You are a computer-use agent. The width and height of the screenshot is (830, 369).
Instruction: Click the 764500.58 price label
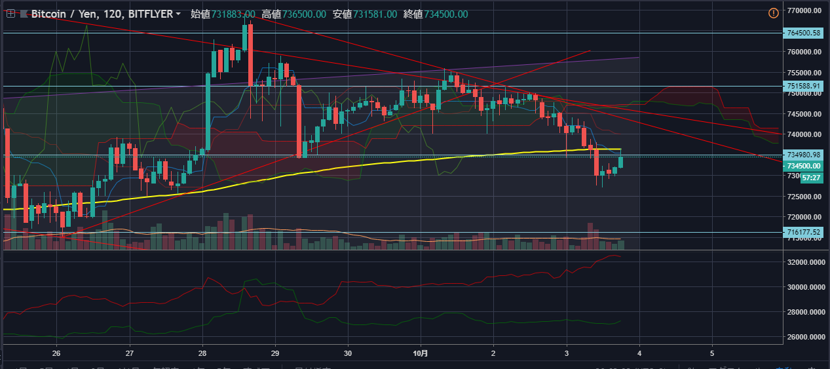click(804, 32)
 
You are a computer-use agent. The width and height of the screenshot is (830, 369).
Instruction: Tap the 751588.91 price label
click(804, 86)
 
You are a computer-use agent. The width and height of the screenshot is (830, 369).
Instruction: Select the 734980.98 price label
click(804, 155)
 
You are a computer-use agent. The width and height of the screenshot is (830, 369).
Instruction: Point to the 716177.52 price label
click(804, 232)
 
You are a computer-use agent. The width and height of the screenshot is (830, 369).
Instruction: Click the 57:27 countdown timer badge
click(811, 178)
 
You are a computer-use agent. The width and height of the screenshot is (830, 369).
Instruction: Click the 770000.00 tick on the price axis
click(804, 10)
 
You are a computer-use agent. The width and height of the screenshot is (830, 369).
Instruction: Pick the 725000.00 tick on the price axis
click(804, 197)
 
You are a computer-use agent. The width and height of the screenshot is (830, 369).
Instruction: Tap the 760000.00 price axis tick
click(804, 52)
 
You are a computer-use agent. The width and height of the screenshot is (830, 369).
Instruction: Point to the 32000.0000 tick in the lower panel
click(805, 262)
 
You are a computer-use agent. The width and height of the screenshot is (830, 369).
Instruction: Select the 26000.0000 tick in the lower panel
click(805, 337)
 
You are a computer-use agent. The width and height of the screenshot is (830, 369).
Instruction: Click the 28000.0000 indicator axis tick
click(805, 312)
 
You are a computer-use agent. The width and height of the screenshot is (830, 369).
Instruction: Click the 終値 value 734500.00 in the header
click(443, 14)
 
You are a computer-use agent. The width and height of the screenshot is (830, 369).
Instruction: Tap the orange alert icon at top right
click(773, 12)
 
